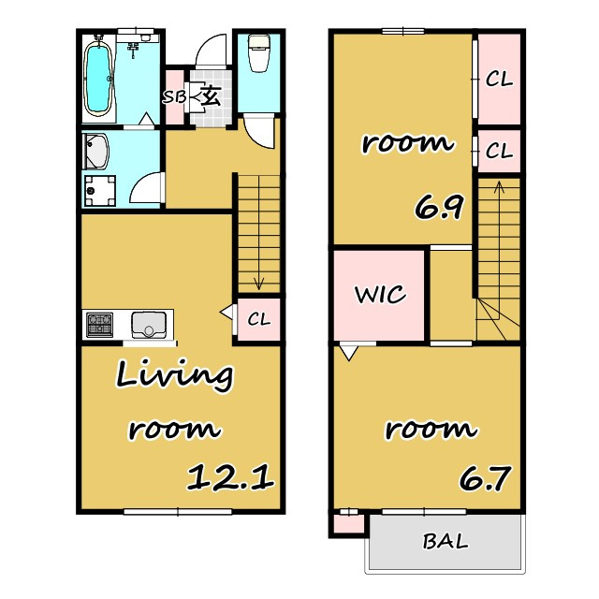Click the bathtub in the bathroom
98,78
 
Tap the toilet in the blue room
258,52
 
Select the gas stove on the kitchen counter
100,325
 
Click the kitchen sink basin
149,325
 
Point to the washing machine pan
100,191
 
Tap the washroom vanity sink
95,152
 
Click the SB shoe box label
174,97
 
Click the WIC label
380,295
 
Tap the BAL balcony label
446,541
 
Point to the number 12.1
230,477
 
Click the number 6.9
439,207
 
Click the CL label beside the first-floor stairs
258,319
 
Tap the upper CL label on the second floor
499,80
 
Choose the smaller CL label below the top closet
499,151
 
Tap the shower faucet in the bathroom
133,50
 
